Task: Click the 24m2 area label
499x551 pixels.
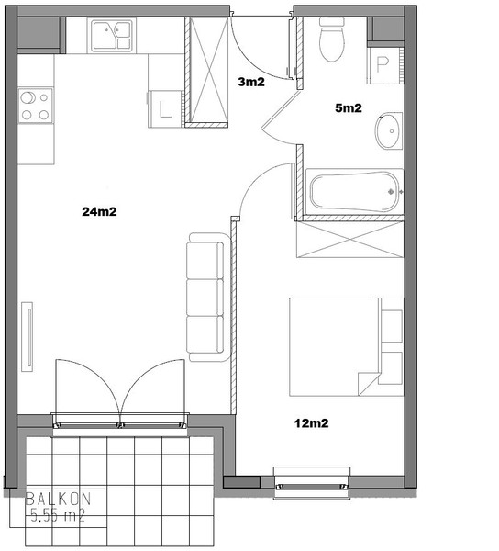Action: [99, 211]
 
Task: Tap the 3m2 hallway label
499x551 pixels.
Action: [251, 82]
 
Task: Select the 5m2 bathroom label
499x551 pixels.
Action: [348, 107]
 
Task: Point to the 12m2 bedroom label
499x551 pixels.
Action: [311, 423]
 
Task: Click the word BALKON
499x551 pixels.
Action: [59, 499]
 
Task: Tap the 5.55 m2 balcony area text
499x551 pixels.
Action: [59, 515]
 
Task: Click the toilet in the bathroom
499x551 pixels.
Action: [331, 39]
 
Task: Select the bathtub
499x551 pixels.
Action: [354, 192]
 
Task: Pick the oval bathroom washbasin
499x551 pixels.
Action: [388, 131]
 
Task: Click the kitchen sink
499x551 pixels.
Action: [112, 35]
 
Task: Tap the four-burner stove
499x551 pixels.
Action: [36, 106]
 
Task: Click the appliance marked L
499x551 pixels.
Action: [165, 109]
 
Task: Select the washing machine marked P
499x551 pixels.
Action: [383, 65]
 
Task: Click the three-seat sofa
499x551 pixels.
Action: [207, 297]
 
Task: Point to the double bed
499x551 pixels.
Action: [347, 347]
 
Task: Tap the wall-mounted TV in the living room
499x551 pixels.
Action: [28, 337]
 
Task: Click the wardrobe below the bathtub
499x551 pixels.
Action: [350, 240]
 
